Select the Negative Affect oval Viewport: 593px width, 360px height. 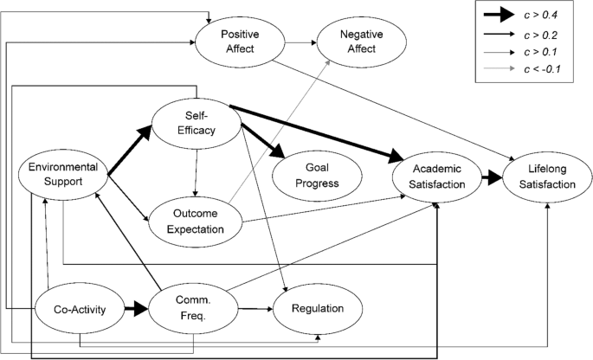pos(351,42)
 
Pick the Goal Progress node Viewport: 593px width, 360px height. pos(306,176)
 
